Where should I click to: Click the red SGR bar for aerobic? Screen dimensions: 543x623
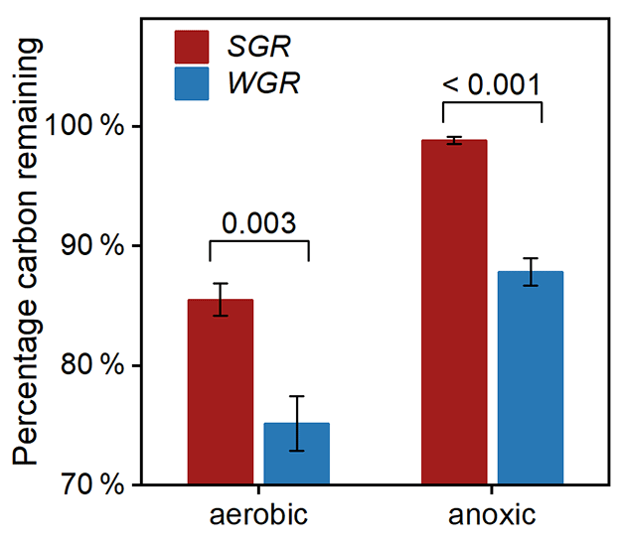[x=220, y=392]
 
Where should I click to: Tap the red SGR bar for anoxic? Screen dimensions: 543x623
[x=453, y=313]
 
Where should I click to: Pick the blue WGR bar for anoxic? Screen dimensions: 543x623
[x=531, y=378]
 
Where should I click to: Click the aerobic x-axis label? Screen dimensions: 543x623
[x=257, y=515]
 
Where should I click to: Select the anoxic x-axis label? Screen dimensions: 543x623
[x=492, y=515]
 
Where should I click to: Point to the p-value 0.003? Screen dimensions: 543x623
[x=258, y=221]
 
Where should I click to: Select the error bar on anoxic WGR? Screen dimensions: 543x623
[x=531, y=272]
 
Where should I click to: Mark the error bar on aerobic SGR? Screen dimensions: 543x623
[x=220, y=300]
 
